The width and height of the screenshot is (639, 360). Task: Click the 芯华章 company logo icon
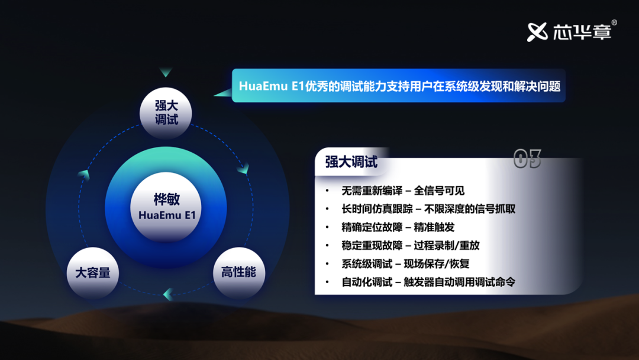click(x=537, y=32)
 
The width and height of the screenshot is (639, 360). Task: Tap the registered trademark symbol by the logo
click(x=614, y=23)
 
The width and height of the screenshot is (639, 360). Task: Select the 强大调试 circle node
click(x=166, y=113)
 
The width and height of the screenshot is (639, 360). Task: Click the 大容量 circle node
click(x=93, y=273)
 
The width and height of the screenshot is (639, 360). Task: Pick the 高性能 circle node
click(x=239, y=272)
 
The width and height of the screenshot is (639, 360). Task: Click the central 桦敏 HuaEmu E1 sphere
click(x=166, y=207)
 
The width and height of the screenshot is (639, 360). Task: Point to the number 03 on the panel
click(x=527, y=159)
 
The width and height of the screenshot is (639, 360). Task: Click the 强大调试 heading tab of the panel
click(x=351, y=162)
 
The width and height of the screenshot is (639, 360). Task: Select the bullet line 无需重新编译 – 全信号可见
click(x=403, y=191)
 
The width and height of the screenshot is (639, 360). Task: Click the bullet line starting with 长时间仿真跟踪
click(x=428, y=209)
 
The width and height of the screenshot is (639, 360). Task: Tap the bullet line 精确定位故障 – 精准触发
click(x=398, y=227)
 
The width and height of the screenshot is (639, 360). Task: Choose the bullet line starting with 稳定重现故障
click(x=411, y=246)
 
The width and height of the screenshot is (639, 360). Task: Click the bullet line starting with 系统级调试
click(x=405, y=263)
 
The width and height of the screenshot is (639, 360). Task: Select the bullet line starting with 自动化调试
click(x=428, y=282)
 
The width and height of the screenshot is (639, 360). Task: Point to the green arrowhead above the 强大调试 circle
click(x=166, y=72)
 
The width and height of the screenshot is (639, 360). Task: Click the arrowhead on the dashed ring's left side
click(x=84, y=175)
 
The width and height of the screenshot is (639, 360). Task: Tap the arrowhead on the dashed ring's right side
click(x=244, y=168)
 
